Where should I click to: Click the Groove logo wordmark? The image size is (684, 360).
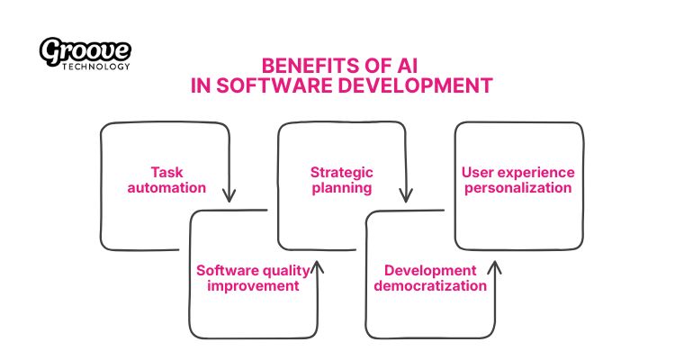(x=85, y=52)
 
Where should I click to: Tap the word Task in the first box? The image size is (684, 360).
(x=166, y=171)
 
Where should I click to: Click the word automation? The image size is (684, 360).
(x=166, y=188)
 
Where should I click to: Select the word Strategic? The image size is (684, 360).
(x=341, y=171)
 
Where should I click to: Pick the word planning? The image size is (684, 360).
(x=341, y=188)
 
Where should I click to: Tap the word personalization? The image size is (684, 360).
(x=517, y=188)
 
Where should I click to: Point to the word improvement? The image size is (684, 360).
(x=253, y=286)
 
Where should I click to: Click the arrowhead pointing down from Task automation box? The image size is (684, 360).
(x=229, y=194)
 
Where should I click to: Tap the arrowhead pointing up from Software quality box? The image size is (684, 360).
(x=317, y=267)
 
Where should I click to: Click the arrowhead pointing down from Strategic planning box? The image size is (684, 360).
(x=406, y=194)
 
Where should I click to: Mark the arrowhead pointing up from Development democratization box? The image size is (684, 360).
(x=493, y=267)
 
